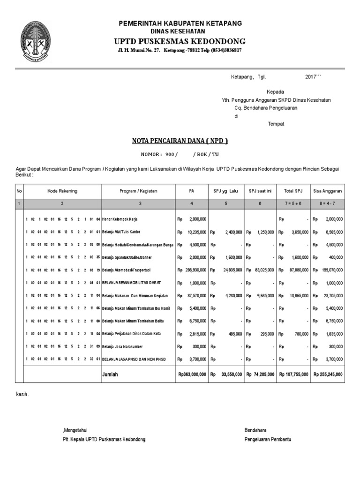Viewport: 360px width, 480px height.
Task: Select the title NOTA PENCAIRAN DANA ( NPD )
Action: [x=180, y=141]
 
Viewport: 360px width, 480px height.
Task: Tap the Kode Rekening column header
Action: [x=62, y=191]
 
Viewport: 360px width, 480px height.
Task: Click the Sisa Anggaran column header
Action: [x=328, y=191]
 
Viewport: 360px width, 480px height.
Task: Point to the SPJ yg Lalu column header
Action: [x=226, y=191]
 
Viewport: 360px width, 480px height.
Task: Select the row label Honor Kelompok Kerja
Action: [x=120, y=219]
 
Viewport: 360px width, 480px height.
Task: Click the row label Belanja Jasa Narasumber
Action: [x=121, y=347]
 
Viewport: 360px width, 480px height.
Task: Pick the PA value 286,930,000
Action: [x=194, y=270]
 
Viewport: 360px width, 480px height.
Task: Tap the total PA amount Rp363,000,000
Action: [x=192, y=375]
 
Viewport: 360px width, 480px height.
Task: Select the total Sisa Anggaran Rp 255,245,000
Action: [x=328, y=375]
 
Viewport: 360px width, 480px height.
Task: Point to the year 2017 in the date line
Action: [x=311, y=76]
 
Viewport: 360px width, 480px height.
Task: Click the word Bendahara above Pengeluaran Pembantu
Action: [x=255, y=430]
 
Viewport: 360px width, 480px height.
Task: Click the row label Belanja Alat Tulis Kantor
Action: [x=121, y=232]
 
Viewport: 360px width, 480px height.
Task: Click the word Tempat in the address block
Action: [x=276, y=124]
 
